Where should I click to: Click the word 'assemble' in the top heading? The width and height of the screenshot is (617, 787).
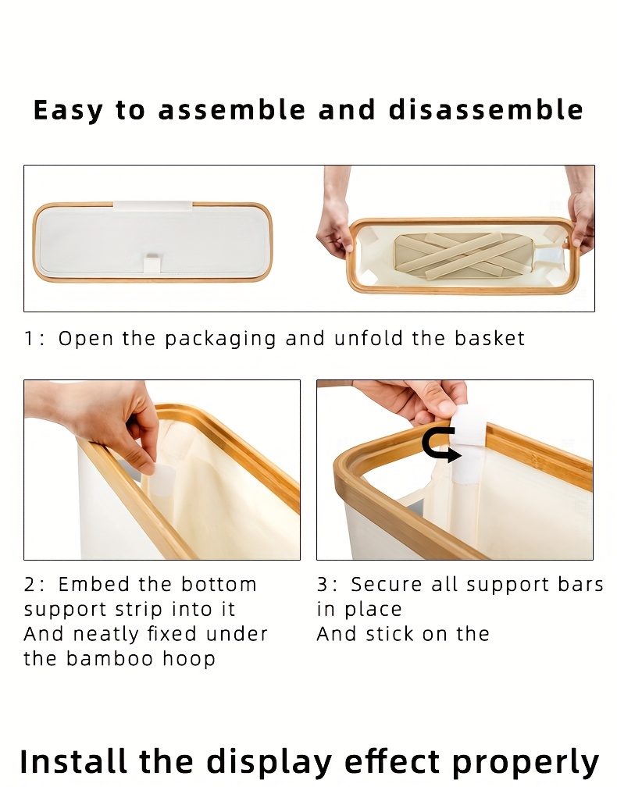(229, 110)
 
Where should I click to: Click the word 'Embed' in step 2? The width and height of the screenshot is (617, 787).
(91, 585)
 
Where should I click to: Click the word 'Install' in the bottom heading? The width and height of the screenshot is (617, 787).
(73, 761)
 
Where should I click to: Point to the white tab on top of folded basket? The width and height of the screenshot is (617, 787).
(152, 206)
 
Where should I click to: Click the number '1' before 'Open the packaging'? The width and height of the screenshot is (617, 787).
(30, 339)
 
